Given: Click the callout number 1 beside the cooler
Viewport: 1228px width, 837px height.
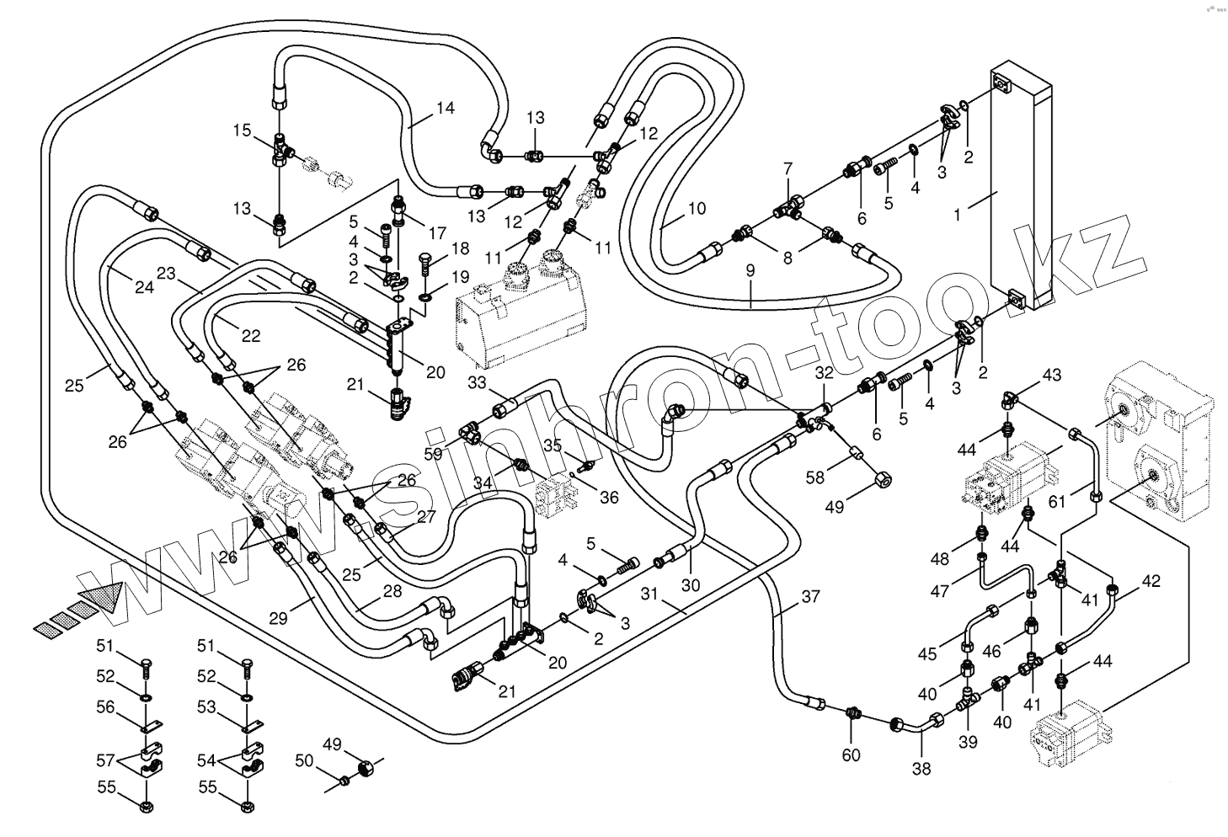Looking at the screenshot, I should [x=957, y=215].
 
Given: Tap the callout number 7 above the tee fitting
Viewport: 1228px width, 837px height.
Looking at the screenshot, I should [x=788, y=169].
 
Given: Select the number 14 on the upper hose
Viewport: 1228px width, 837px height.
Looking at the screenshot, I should [x=446, y=108].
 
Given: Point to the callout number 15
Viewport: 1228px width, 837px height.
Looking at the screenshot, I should [x=242, y=131].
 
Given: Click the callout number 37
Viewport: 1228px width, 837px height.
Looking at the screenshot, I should [x=810, y=597].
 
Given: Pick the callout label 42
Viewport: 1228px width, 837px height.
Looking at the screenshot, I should [x=1151, y=581].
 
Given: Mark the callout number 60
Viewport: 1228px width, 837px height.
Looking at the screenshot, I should [x=851, y=754].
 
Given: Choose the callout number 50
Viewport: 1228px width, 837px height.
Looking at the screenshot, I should [x=303, y=761].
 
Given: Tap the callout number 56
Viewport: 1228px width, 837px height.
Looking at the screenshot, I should [x=104, y=707].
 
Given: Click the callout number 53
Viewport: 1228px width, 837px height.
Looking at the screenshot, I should [x=206, y=707].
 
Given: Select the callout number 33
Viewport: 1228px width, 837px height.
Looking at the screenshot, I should [x=477, y=383].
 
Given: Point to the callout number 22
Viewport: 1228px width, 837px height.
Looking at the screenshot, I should [x=250, y=335].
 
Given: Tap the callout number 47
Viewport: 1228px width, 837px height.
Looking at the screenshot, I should [x=940, y=591].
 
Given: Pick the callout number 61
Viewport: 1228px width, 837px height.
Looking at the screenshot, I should [x=1056, y=502].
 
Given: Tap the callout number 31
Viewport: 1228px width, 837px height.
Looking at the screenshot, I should [x=649, y=594].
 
